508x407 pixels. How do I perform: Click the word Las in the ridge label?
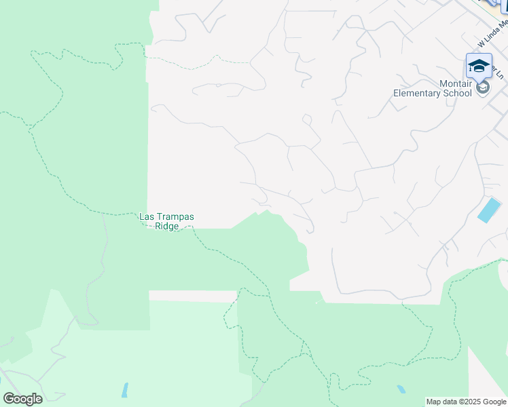[x=147, y=217]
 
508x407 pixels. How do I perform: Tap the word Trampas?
[x=175, y=217]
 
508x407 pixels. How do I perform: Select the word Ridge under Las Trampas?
[x=166, y=227]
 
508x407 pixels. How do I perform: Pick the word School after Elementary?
[x=458, y=93]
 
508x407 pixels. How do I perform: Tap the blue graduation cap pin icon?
[x=479, y=66]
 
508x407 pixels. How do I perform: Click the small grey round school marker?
[x=483, y=88]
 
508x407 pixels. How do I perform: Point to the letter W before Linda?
[x=482, y=43]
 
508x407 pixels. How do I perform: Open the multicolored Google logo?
[x=22, y=399]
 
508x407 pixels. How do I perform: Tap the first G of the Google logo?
[x=8, y=399]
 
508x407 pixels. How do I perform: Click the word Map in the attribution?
[x=434, y=402]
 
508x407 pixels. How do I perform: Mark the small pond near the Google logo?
[x=125, y=390]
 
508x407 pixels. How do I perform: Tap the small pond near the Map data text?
[x=402, y=389]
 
